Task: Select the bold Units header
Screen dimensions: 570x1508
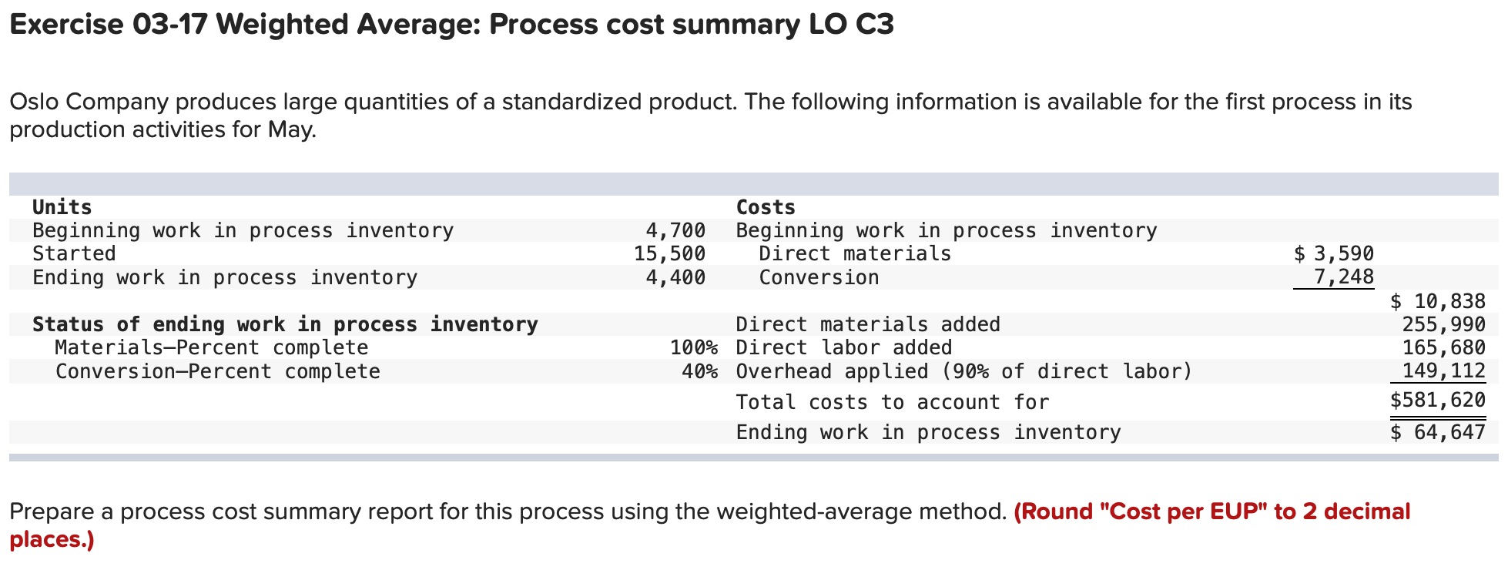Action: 62,207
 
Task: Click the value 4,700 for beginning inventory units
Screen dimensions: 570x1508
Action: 675,230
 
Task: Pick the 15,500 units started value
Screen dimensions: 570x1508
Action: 669,253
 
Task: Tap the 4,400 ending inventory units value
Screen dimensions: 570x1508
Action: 675,277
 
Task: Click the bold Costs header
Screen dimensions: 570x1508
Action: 766,207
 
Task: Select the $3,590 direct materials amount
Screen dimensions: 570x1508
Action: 1334,253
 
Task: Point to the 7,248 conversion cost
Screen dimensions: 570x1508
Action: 1343,277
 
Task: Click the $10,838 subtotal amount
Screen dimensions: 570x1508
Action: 1438,301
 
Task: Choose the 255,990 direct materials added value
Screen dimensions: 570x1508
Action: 1443,324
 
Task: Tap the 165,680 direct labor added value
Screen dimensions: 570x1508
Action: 1443,347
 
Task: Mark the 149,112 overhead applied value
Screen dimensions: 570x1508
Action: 1443,370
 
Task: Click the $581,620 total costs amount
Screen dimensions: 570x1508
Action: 1438,401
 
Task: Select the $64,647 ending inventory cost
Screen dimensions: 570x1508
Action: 1438,432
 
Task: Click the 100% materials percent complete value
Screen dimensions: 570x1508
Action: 693,347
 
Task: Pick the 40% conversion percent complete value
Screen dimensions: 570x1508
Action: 699,371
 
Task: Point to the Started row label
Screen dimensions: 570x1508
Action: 74,253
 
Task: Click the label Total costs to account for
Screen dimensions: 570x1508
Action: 892,402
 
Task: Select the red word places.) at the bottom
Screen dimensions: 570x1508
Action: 52,539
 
